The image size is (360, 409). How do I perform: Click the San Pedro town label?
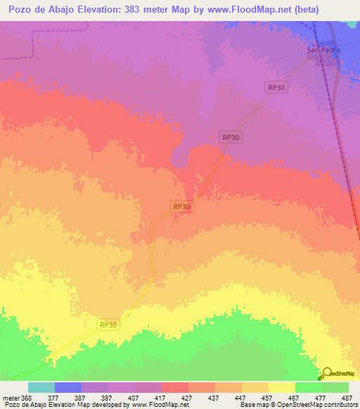pyautogui.click(x=324, y=51)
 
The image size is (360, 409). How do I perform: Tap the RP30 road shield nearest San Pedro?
pyautogui.click(x=277, y=87)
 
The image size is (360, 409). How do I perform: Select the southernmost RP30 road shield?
pyautogui.click(x=108, y=325)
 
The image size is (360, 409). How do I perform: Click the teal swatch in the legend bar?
pyautogui.click(x=41, y=387)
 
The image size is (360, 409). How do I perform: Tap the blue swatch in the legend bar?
pyautogui.click(x=68, y=387)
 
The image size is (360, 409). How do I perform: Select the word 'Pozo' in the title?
pyautogui.click(x=22, y=10)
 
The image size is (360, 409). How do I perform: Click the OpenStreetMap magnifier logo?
pyautogui.click(x=326, y=373)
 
